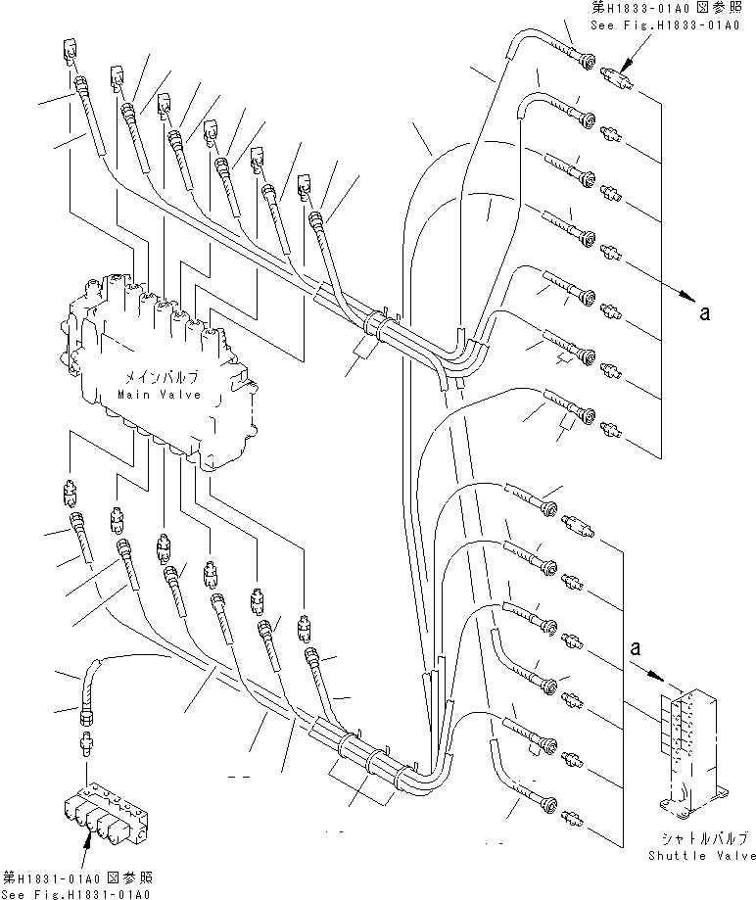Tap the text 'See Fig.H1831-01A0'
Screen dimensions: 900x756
click(x=76, y=892)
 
